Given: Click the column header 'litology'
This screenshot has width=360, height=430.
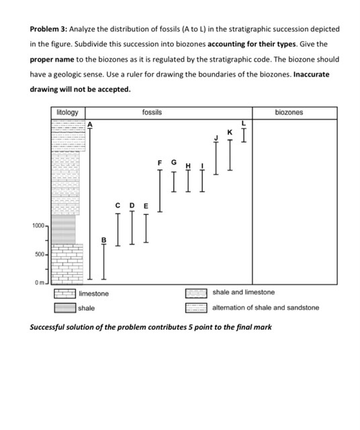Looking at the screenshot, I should (67, 112).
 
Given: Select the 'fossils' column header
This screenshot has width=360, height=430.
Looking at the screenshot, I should (152, 112).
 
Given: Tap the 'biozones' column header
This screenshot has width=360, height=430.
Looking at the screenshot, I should (289, 112).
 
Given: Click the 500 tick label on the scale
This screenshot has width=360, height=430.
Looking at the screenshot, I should (40, 255).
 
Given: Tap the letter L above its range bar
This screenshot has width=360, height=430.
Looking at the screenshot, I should (244, 122).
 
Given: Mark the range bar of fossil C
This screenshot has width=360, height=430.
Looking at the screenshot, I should (118, 229).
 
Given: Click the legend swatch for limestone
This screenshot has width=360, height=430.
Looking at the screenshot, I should (65, 294).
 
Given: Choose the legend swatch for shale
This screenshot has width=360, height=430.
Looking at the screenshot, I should (65, 308).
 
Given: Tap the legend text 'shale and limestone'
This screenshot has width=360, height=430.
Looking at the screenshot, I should (243, 293).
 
